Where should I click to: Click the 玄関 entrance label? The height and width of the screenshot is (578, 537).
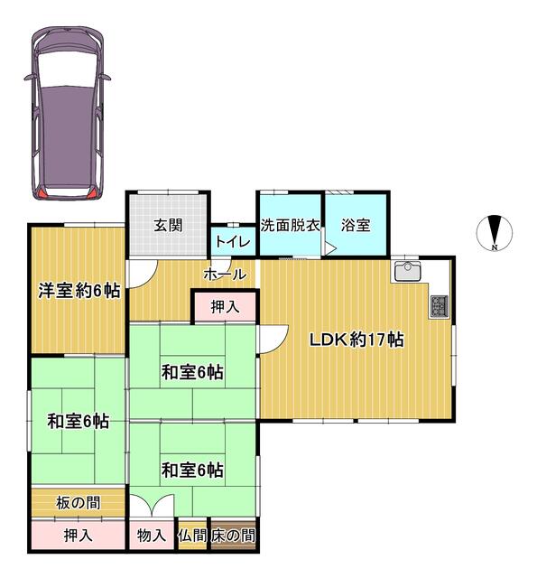pos(168,225)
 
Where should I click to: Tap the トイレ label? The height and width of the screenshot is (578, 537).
pos(233,242)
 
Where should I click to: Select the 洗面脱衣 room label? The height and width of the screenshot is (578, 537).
pos(291,225)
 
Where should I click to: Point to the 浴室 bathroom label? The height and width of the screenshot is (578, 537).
pos(356,225)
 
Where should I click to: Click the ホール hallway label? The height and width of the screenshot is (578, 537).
pos(224,273)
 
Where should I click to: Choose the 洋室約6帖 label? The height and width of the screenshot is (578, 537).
pos(79,291)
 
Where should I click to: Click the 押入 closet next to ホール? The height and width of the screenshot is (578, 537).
pos(225,307)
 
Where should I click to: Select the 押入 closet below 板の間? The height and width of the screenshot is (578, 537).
pos(78,536)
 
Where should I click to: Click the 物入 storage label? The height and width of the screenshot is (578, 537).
pos(151,536)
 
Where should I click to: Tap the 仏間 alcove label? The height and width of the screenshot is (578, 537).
pos(192,536)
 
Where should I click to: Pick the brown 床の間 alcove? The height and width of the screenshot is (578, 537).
pos(234,536)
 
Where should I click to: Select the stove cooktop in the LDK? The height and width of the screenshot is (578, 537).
pos(440,306)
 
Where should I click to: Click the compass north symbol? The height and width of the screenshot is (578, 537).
pos(495,230)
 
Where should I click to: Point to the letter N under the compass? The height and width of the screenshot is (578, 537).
pos(495,247)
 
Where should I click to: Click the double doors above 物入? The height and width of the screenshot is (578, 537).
pos(150,508)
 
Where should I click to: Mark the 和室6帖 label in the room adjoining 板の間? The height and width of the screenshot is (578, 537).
pos(79,421)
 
